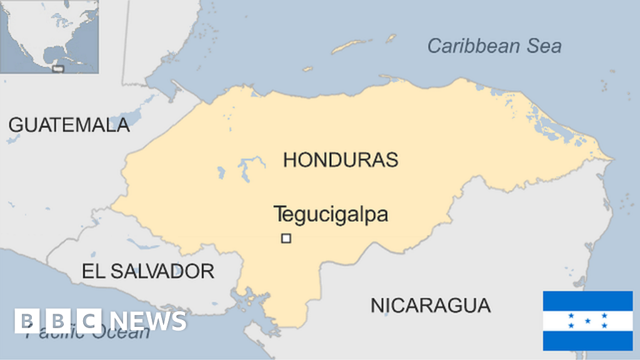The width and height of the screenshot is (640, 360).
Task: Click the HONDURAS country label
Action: tap(341, 159)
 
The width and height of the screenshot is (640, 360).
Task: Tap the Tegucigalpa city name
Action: tap(331, 214)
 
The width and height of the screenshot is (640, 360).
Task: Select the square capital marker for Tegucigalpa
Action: tap(286, 238)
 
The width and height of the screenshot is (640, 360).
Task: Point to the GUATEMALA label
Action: tap(69, 125)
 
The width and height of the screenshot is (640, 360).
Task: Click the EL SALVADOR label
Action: tap(148, 271)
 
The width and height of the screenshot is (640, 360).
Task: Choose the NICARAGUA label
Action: tap(431, 306)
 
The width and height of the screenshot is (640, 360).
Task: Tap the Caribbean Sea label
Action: tap(494, 46)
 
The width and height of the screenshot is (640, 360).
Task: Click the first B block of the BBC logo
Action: tap(26, 321)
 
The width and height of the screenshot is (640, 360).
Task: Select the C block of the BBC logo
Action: tap(89, 321)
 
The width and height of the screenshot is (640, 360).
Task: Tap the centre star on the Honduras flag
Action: tap(587, 321)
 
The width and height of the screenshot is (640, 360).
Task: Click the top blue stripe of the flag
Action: tap(587, 301)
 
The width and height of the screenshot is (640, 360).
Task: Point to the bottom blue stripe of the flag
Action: tap(587, 341)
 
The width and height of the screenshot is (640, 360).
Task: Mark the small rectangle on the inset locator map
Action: tap(58, 68)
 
